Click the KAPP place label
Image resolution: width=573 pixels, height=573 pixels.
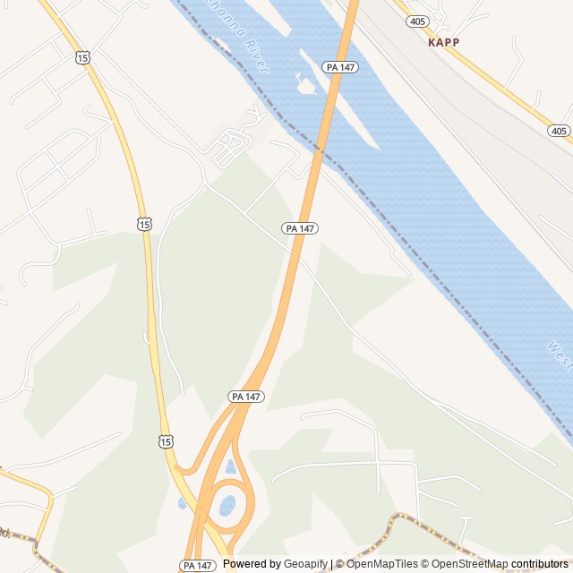[443, 42]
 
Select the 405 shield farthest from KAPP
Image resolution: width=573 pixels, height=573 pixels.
[559, 131]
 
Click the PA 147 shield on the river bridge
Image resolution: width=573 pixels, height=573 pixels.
[336, 66]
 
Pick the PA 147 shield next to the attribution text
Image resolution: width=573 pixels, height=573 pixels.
[198, 565]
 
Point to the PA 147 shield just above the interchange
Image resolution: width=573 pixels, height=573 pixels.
[245, 396]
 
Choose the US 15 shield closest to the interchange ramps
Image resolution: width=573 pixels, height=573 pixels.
[165, 440]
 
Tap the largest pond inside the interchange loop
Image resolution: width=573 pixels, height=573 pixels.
[227, 506]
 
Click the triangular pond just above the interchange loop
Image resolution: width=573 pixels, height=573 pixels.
[230, 467]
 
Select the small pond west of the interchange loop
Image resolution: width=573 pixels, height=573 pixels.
[183, 503]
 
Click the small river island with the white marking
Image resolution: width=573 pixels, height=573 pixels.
[305, 86]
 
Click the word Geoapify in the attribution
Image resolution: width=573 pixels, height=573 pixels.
[304, 564]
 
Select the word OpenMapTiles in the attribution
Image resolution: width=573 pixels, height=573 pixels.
[382, 564]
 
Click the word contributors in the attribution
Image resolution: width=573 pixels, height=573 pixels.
[540, 564]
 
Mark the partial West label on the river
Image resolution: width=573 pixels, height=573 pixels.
[560, 355]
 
